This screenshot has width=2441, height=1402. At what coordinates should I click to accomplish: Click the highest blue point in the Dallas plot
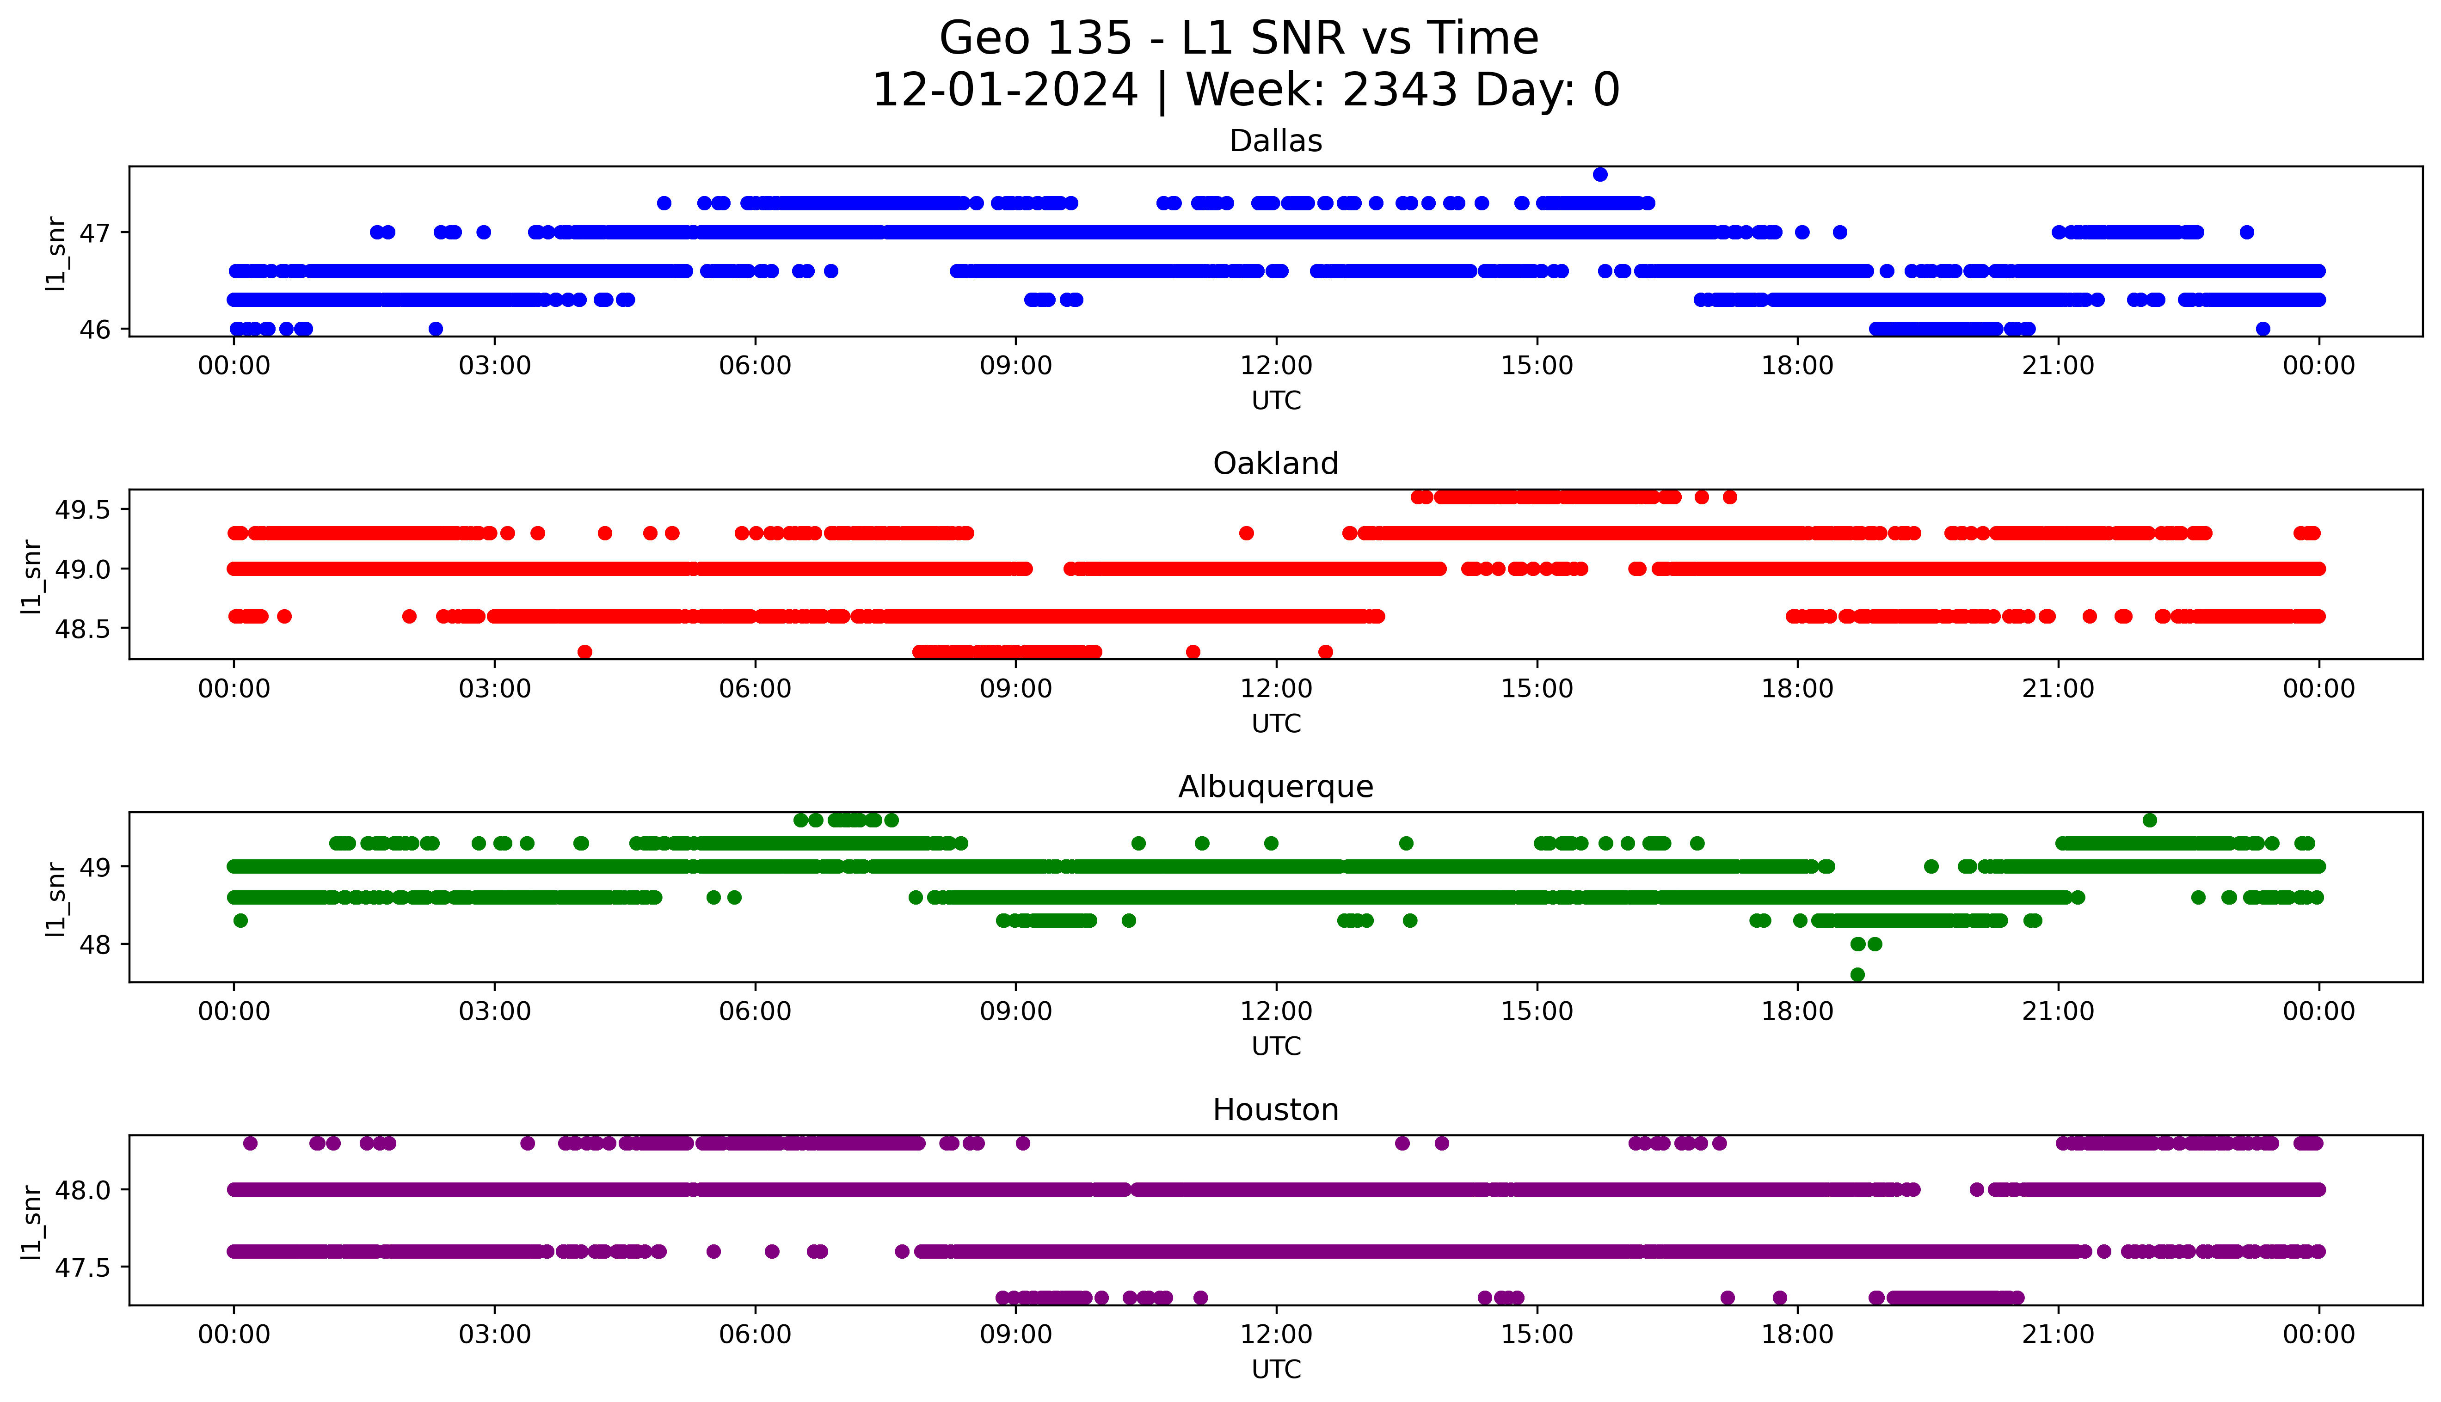click(1599, 174)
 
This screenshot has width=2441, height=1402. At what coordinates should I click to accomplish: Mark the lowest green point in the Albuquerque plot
click(1857, 974)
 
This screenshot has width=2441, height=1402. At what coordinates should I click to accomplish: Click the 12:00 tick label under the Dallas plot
click(1276, 366)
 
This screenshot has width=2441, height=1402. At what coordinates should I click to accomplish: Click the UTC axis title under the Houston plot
click(1276, 1369)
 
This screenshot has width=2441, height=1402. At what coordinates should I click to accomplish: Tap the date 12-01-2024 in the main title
click(1004, 91)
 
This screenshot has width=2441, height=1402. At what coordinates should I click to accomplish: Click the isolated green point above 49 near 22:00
click(2149, 820)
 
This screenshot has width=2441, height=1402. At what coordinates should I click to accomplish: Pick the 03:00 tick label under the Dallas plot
click(495, 366)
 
